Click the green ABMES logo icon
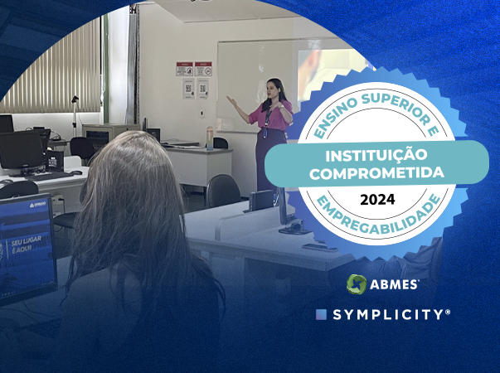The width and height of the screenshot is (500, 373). click(x=357, y=284)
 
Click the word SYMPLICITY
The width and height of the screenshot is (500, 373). click(x=391, y=315)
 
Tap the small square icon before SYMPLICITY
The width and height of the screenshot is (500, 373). click(x=321, y=315)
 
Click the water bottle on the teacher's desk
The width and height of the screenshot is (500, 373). click(x=210, y=137)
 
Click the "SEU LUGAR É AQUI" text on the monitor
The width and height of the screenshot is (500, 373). click(x=26, y=245)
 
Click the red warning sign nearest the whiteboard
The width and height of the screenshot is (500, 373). click(x=203, y=70)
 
